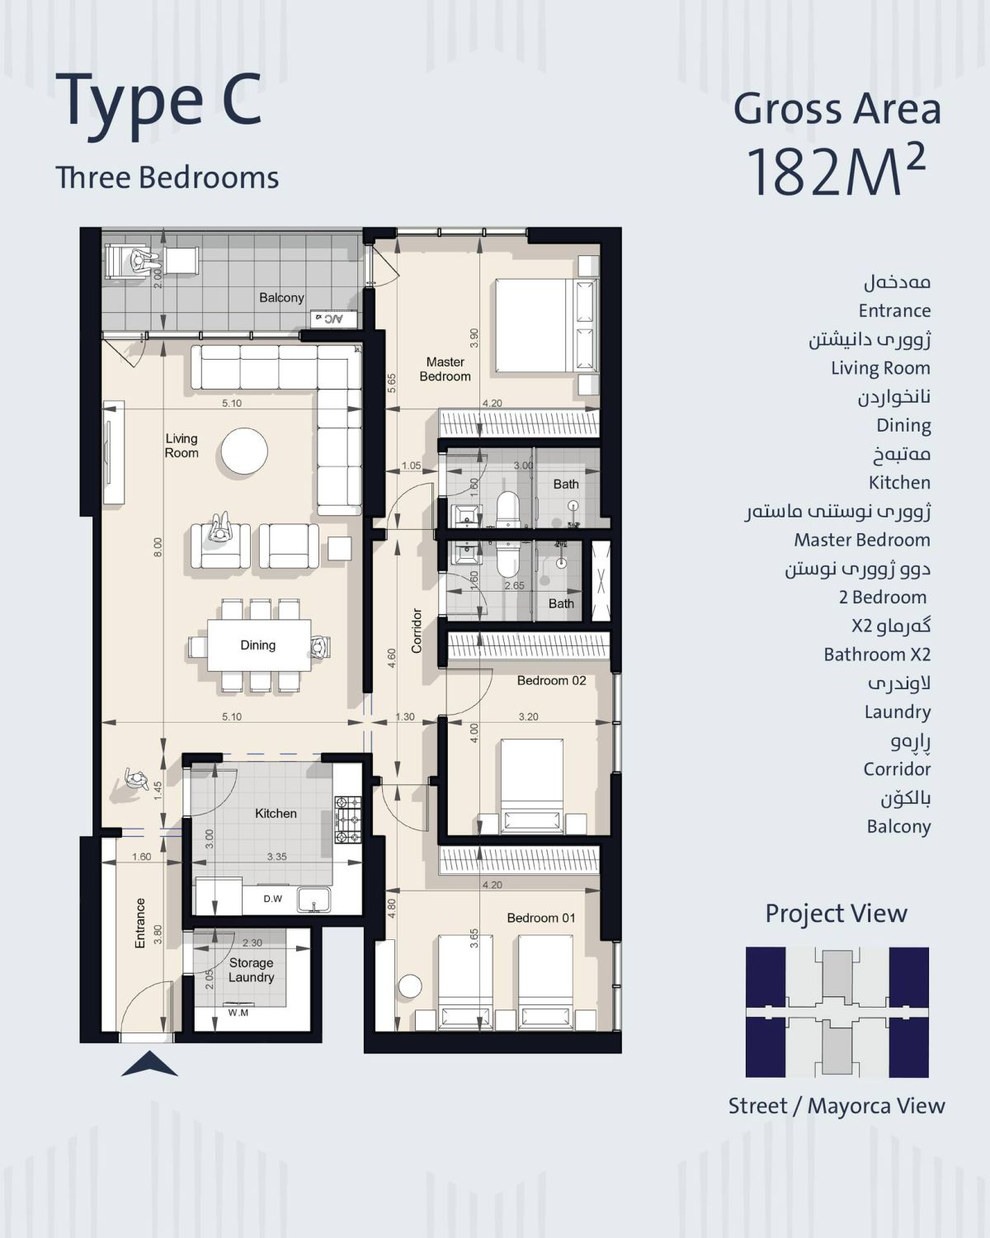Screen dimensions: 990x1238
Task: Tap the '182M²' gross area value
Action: pyautogui.click(x=836, y=171)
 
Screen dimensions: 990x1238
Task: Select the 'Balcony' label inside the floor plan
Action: pyautogui.click(x=281, y=297)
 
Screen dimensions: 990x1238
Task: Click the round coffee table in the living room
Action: pyautogui.click(x=244, y=451)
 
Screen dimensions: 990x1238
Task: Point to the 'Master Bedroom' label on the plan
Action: pyautogui.click(x=445, y=369)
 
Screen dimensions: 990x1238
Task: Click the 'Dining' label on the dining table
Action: pyautogui.click(x=257, y=645)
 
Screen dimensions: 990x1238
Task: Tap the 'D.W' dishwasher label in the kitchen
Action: pyautogui.click(x=273, y=899)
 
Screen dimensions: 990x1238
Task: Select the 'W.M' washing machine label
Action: pyautogui.click(x=238, y=1013)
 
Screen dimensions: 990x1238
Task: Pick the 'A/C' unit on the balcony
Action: pyautogui.click(x=333, y=319)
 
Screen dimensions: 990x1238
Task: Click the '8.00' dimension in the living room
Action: pyautogui.click(x=158, y=547)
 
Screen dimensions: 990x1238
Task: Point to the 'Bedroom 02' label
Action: pyautogui.click(x=551, y=681)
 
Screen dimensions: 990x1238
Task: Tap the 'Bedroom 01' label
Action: pyautogui.click(x=540, y=918)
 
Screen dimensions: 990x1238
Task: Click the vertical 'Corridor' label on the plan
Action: pyautogui.click(x=417, y=631)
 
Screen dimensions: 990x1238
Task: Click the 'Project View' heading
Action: pyautogui.click(x=836, y=914)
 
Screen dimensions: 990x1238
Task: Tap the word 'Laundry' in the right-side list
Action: pyautogui.click(x=898, y=712)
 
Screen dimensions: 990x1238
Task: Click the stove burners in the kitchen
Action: pyautogui.click(x=348, y=820)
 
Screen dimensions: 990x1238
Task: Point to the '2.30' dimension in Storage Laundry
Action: pyautogui.click(x=252, y=943)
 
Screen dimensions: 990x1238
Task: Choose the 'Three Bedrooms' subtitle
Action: pyautogui.click(x=167, y=177)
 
